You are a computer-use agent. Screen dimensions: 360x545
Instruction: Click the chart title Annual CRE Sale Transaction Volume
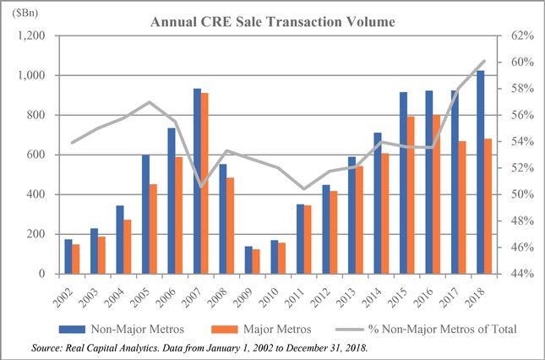(x=272, y=22)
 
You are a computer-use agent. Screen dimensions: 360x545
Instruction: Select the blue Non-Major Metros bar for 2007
(x=197, y=181)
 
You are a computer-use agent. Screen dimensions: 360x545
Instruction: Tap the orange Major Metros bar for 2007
(x=204, y=183)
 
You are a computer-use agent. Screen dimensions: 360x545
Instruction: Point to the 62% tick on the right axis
(x=519, y=36)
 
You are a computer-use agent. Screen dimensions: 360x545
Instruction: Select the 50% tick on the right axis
(x=519, y=194)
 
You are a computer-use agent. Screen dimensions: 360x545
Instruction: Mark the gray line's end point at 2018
(x=483, y=62)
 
